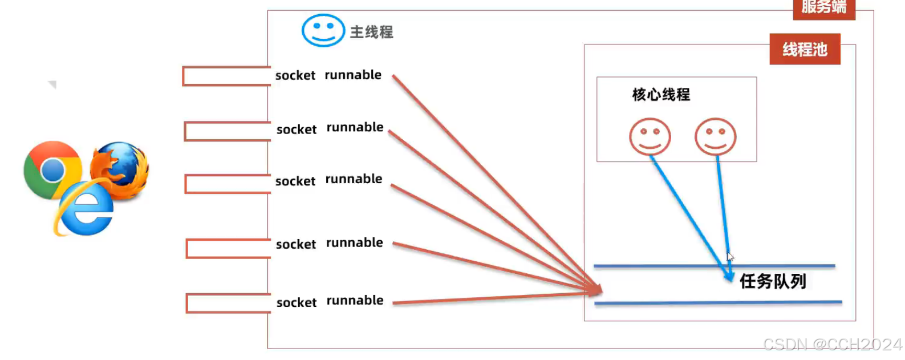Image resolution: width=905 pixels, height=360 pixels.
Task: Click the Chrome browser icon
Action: [52, 169]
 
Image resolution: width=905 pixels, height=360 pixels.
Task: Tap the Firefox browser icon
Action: [120, 169]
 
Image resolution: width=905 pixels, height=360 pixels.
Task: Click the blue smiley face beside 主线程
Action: [323, 30]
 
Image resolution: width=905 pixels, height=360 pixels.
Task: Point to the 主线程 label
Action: [372, 32]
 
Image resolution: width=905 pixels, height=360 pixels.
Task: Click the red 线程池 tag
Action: [804, 49]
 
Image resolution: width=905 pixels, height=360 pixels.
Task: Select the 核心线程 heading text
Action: [661, 94]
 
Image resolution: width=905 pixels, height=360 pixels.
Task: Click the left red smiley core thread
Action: [650, 136]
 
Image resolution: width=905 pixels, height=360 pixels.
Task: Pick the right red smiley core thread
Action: [715, 136]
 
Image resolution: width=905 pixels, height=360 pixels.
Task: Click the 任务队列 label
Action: [773, 281]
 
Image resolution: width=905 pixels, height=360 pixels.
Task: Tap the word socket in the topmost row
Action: [295, 75]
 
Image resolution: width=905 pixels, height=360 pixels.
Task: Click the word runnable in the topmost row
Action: [353, 75]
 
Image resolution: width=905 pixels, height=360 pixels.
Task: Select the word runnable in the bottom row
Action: [355, 300]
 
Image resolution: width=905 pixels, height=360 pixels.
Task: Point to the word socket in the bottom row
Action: [296, 302]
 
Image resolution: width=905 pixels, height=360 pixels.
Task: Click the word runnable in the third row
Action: [354, 179]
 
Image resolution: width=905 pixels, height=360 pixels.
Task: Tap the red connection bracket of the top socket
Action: [226, 76]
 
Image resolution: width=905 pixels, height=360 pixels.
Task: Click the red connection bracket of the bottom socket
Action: [228, 303]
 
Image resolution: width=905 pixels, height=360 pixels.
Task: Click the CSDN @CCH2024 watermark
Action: [832, 344]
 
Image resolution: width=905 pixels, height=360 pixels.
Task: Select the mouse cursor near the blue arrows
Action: [730, 257]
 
